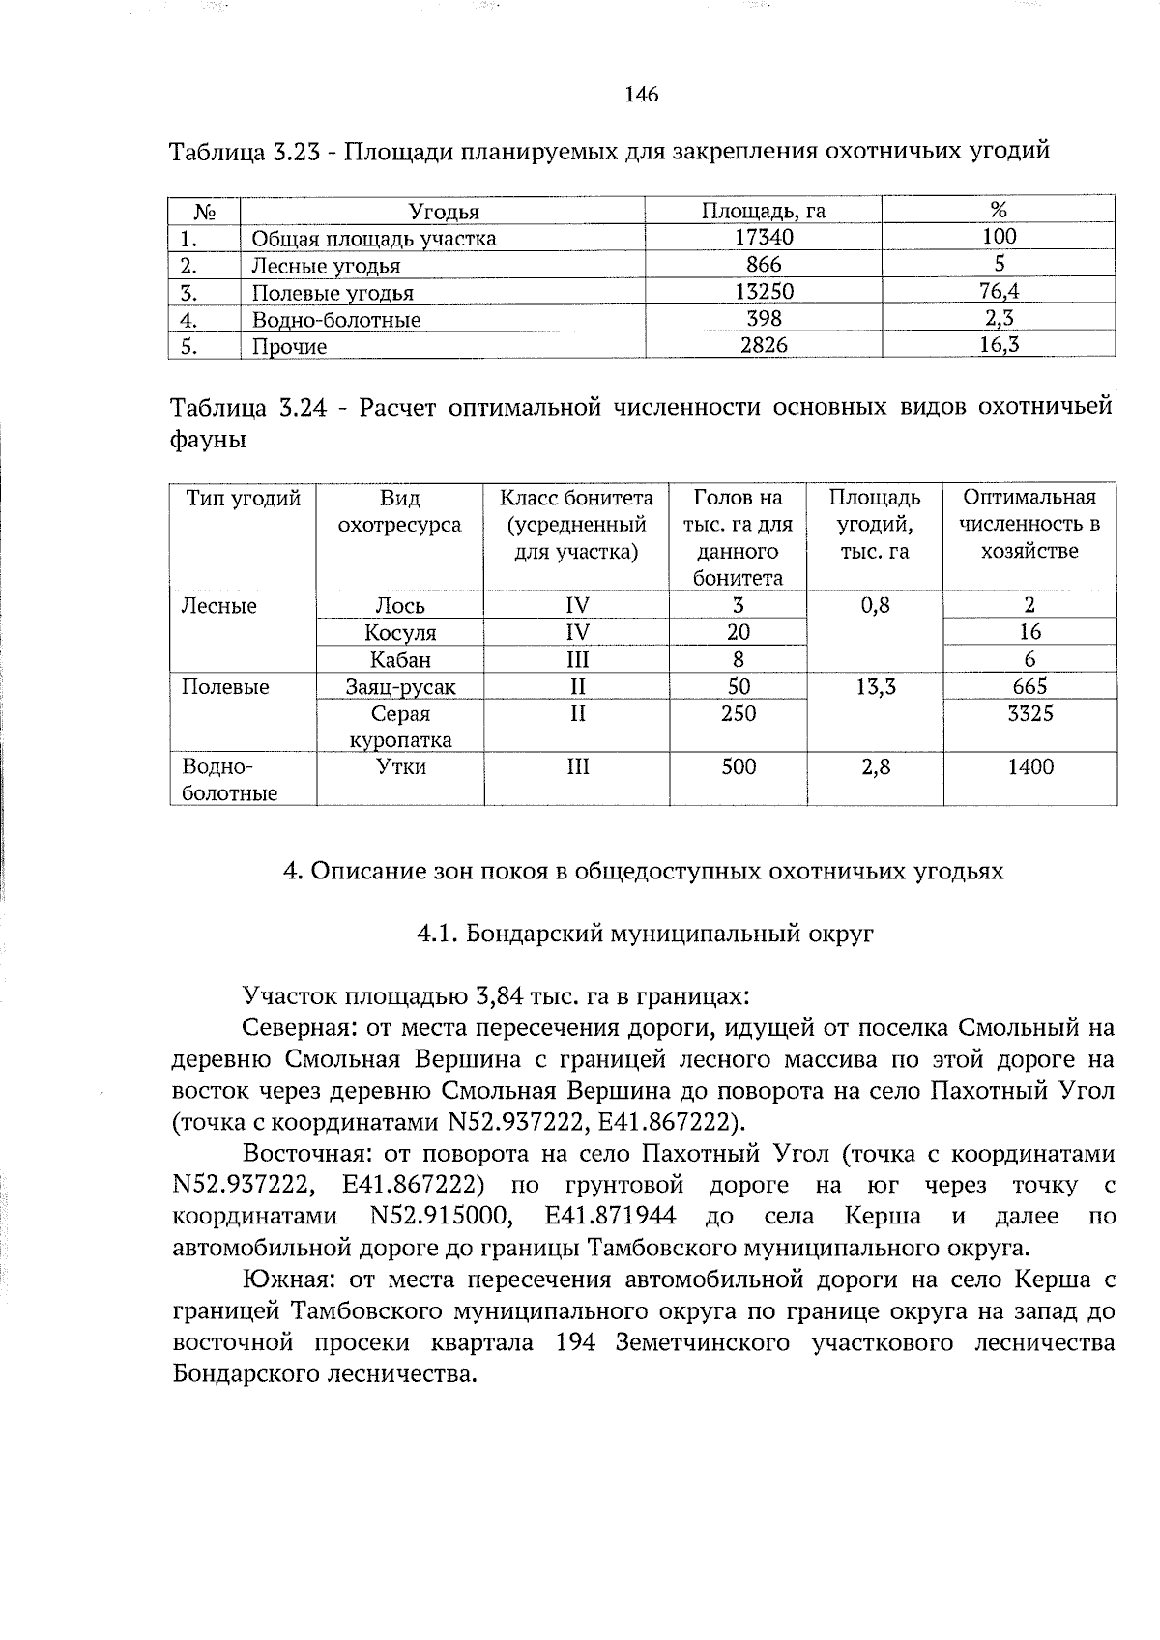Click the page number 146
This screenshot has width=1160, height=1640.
point(641,95)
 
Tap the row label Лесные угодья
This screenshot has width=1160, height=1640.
point(326,266)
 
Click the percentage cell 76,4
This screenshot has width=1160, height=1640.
point(999,292)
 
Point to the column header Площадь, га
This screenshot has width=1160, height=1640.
point(764,211)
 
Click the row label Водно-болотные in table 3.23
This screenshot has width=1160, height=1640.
point(335,320)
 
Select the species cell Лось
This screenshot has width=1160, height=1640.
point(400,606)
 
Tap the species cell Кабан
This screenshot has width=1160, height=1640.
point(400,660)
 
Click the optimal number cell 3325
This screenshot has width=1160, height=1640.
point(1029,714)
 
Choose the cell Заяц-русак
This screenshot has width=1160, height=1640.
point(400,687)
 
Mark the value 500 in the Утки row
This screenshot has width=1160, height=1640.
point(739,767)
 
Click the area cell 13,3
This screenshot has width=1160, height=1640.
point(875,687)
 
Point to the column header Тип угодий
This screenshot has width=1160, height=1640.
point(244,498)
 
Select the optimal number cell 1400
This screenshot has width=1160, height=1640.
point(1029,767)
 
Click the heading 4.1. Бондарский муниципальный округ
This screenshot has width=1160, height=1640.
point(645,934)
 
